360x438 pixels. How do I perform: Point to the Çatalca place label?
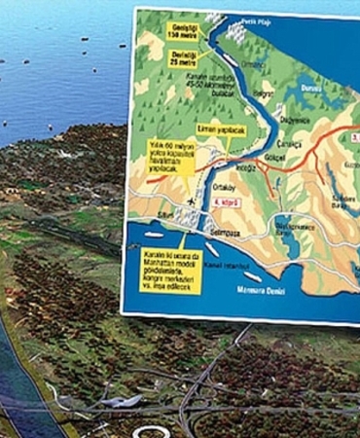click(319, 141)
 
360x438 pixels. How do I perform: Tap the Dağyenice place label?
click(291, 119)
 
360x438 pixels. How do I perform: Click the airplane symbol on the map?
click(186, 201)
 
